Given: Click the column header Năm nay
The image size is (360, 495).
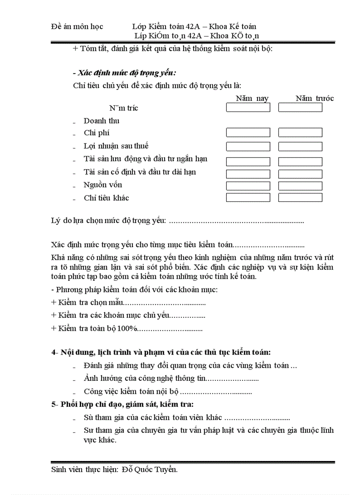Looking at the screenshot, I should (252, 98).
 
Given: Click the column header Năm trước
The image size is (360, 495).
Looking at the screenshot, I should (315, 98).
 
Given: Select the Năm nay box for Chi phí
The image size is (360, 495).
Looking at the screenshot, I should (247, 133).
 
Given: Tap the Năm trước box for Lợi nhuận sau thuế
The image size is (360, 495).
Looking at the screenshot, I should (300, 146).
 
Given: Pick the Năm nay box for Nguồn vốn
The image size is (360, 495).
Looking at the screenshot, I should (247, 186).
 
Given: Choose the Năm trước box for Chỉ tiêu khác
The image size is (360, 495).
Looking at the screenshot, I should (300, 197).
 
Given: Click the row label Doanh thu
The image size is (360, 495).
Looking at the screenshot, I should (101, 121).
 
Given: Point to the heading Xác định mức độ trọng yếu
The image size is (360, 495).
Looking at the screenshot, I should (127, 73).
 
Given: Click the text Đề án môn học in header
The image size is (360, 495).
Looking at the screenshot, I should (77, 26).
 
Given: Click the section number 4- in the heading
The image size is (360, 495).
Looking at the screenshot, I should (55, 352).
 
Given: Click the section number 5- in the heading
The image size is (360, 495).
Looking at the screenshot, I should (55, 404).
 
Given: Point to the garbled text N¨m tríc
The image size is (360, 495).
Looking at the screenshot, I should (124, 108).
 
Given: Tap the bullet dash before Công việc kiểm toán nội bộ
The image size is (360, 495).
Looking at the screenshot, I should (74, 392).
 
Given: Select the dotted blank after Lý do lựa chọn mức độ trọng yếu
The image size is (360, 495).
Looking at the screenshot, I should (236, 220).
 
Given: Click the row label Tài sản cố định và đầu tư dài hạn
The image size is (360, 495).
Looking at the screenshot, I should (140, 172).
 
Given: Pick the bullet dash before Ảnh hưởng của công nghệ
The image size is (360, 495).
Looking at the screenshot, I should (74, 379).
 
